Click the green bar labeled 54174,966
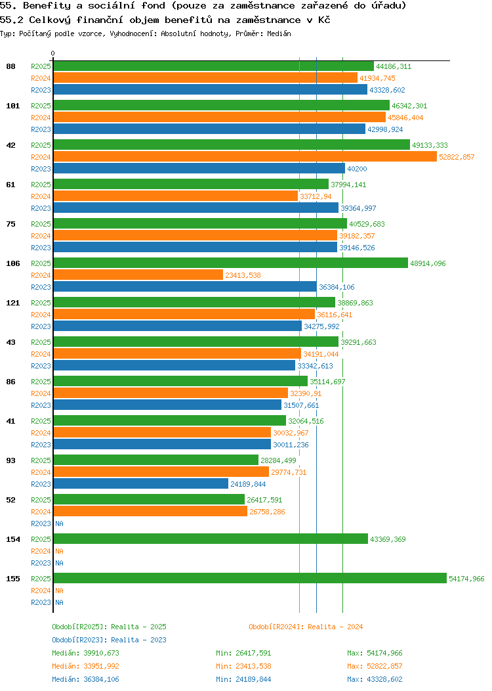(x=249, y=578)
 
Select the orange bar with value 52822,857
(x=245, y=156)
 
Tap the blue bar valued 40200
(x=199, y=168)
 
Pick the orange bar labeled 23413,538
(x=138, y=275)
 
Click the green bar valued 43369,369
(x=210, y=539)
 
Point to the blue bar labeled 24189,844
(x=140, y=483)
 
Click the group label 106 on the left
(x=12, y=263)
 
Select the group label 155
(x=12, y=579)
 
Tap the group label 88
(x=10, y=66)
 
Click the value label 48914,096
(x=428, y=263)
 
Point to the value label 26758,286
(x=267, y=512)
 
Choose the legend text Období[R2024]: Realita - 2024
(x=306, y=627)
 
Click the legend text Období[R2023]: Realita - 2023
(x=109, y=640)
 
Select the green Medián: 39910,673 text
(x=85, y=653)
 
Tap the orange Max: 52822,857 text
(x=375, y=666)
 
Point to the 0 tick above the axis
(x=53, y=53)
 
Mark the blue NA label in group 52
(x=59, y=524)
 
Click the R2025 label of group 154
(x=41, y=539)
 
